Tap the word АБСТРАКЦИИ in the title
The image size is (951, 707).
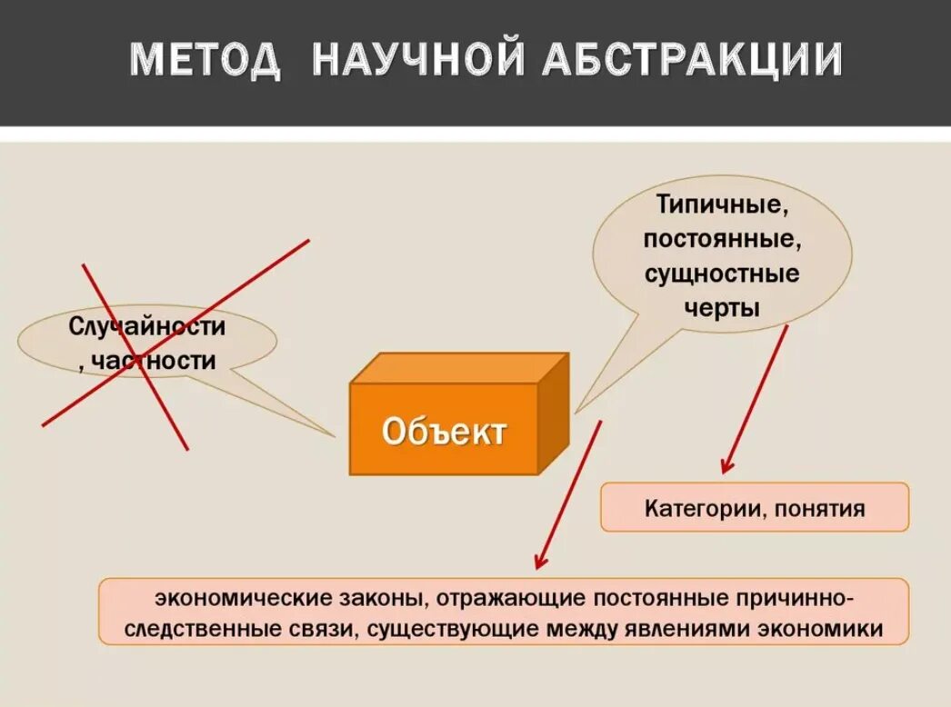click(693, 61)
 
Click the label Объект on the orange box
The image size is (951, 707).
click(444, 431)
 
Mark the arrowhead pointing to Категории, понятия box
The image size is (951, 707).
click(725, 469)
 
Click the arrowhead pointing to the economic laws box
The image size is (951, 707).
click(539, 564)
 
